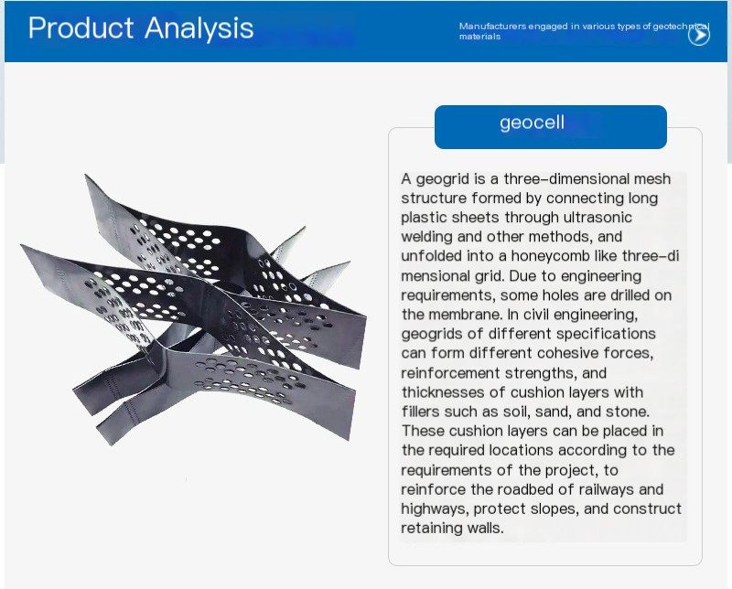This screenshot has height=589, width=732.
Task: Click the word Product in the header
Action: [x=81, y=27]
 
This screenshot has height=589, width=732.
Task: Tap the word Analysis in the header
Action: [x=199, y=28]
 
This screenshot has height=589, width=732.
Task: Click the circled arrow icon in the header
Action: [x=699, y=35]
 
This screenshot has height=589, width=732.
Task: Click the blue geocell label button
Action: [x=551, y=127]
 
